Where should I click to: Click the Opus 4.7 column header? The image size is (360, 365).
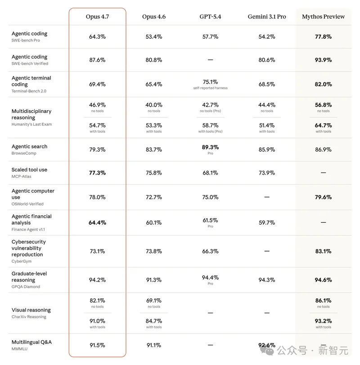click(97, 17)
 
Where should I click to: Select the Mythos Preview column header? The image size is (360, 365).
click(323, 17)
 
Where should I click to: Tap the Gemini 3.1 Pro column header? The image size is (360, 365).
click(267, 17)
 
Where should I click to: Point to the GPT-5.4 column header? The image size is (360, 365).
click(210, 17)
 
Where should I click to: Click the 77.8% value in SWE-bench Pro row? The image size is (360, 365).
click(323, 36)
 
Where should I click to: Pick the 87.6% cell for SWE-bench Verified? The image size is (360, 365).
click(97, 60)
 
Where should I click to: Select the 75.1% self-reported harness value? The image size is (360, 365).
click(210, 82)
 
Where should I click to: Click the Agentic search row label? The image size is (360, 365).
click(29, 147)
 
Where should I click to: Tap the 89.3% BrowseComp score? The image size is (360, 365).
click(210, 147)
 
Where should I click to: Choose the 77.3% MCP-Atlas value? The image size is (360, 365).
click(97, 172)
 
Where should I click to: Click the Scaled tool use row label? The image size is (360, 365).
click(29, 170)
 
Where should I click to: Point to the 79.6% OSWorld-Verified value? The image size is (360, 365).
click(323, 197)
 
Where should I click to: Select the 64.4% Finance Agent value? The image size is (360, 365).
click(97, 222)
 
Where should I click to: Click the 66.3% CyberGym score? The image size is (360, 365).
click(210, 251)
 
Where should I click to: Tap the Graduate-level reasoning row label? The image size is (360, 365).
click(29, 277)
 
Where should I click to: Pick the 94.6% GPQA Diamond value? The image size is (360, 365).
click(323, 280)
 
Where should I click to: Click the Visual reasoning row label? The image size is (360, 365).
click(31, 310)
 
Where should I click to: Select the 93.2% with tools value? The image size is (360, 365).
click(323, 321)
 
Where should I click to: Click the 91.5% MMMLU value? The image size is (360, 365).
click(97, 345)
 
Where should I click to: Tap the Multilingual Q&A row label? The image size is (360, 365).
click(31, 342)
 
